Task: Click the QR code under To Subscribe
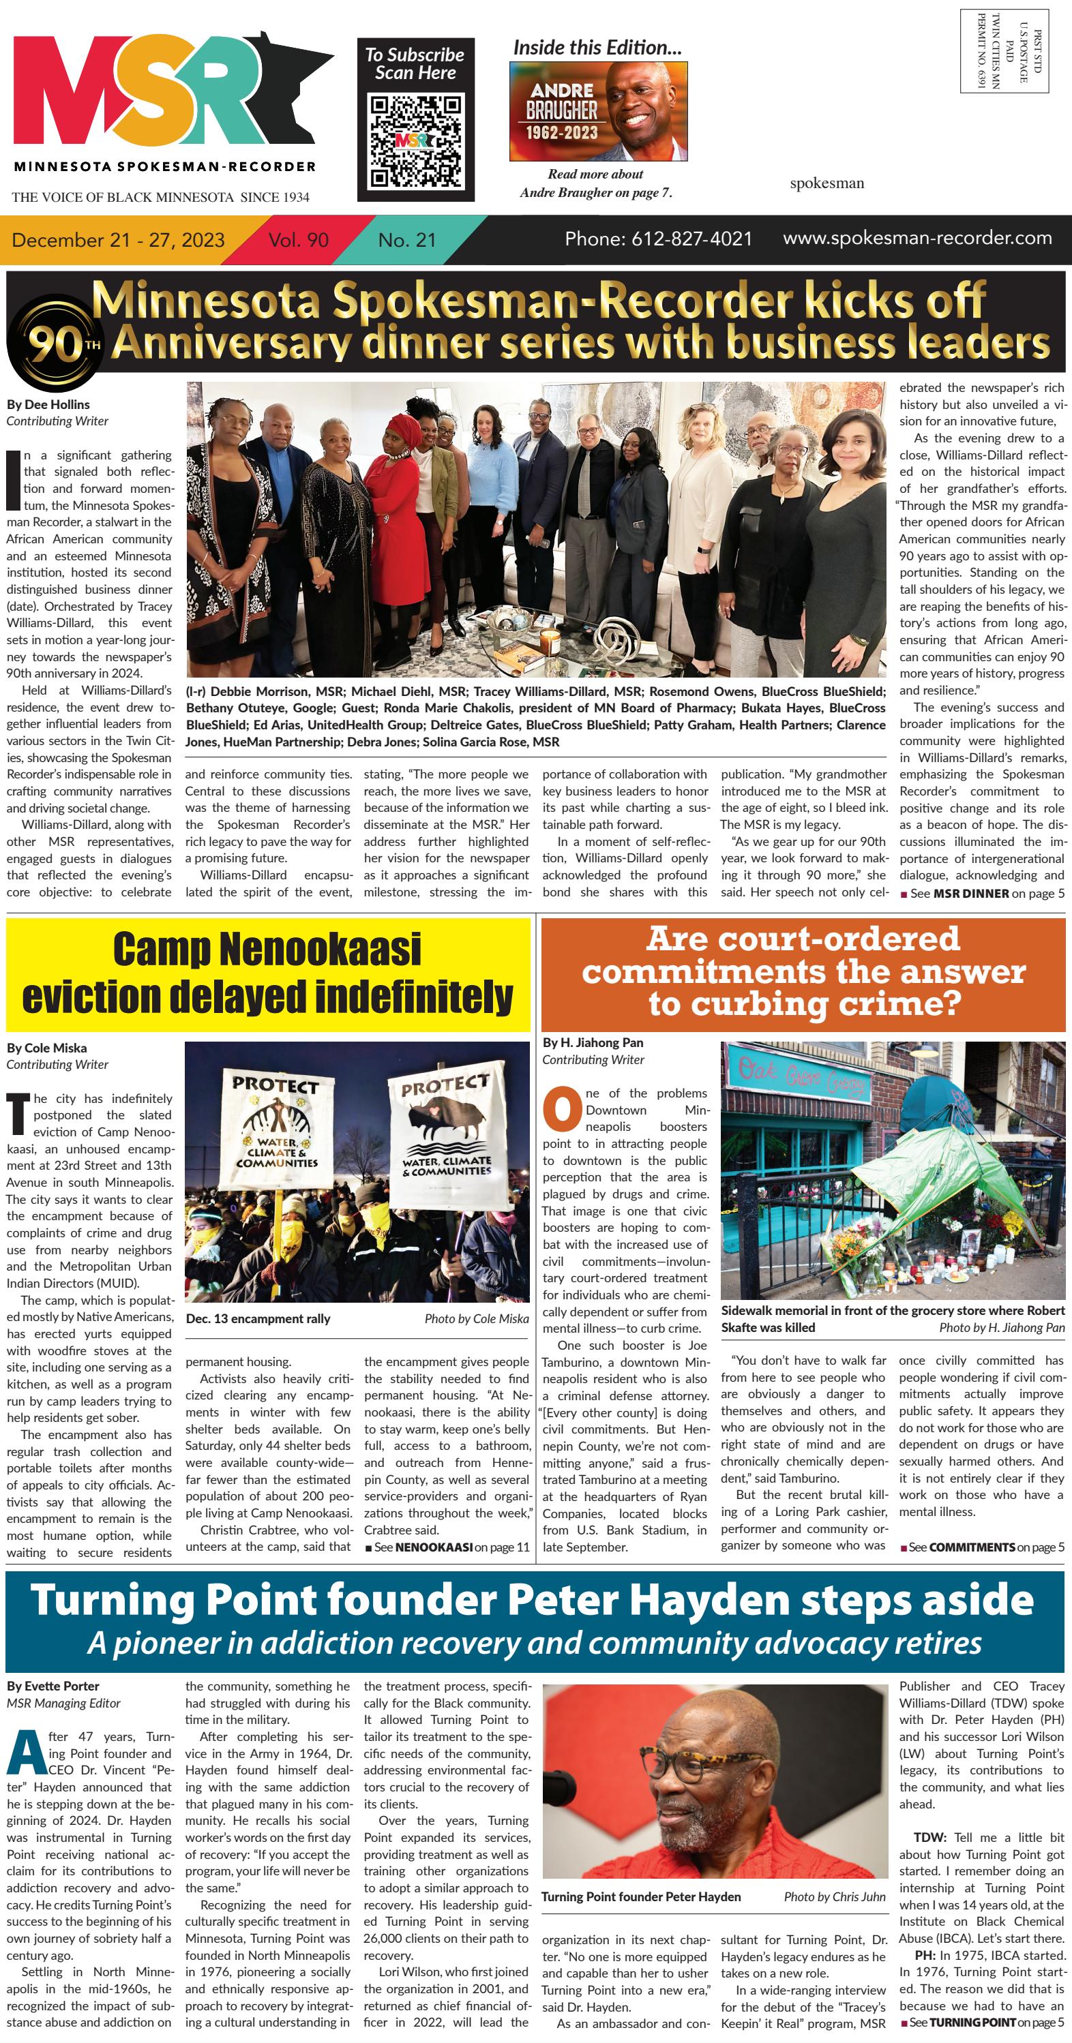click(x=416, y=140)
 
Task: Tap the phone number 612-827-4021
click(x=658, y=239)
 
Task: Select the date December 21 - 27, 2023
click(x=118, y=239)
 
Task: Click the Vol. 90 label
click(x=299, y=239)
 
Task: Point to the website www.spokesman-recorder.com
click(x=917, y=238)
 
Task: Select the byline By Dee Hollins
click(x=48, y=404)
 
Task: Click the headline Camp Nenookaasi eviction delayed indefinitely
click(x=267, y=973)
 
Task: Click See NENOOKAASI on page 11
click(x=447, y=1547)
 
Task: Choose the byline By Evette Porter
click(x=53, y=1686)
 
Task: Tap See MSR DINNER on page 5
click(x=983, y=893)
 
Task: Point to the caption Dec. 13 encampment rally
click(x=258, y=1319)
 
